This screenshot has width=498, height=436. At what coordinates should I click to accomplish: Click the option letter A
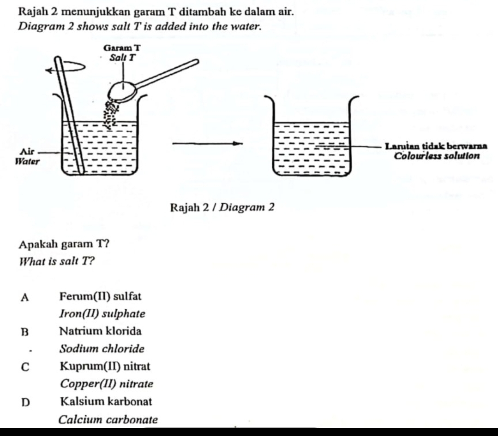pos(25,297)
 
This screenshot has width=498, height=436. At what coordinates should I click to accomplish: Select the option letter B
pos(25,331)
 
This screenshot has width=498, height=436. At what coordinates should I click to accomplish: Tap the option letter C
pos(25,367)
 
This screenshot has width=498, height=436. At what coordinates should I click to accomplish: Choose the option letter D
pos(25,402)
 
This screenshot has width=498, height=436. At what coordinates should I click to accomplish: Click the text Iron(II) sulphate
pos(102,314)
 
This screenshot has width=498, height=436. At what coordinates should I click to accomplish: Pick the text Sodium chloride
pos(102,349)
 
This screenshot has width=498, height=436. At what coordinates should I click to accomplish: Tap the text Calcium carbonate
pos(108,420)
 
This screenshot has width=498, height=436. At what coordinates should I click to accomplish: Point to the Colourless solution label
pos(438,156)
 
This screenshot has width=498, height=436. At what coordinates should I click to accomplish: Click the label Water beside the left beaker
pos(27,162)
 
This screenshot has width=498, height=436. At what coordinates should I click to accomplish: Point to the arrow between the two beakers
pos(206,144)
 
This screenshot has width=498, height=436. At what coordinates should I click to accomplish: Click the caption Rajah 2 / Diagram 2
pos(222,207)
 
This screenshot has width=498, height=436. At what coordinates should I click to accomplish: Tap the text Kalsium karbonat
pos(106,401)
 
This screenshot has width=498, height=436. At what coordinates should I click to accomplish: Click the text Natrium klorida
pos(100,331)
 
